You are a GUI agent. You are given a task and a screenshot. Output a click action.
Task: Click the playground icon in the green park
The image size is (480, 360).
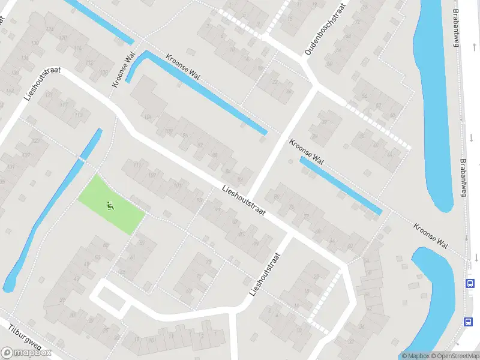coord(110,206)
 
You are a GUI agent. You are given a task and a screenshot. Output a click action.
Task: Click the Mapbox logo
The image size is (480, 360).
coord(26,353)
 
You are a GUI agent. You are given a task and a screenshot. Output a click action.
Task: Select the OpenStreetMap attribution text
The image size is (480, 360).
coord(454,356)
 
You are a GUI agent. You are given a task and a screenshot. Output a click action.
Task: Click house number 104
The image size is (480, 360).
coord(148,116)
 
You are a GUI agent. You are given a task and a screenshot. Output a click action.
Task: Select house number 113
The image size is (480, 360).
coord(79,115)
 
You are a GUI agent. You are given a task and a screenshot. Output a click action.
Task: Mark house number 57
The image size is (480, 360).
coord(142,243)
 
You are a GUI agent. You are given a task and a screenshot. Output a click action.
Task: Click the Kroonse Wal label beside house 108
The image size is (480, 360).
coord(124,71)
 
